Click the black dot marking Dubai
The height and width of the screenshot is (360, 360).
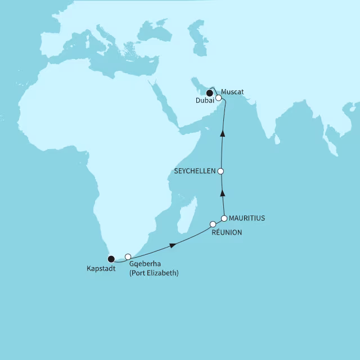pyautogui.click(x=210, y=93)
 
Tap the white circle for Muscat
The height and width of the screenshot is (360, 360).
pyautogui.click(x=219, y=97)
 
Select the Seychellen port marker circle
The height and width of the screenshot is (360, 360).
pyautogui.click(x=221, y=171)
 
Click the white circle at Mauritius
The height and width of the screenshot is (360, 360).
pyautogui.click(x=224, y=218)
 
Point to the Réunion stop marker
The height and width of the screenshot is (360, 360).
pyautogui.click(x=213, y=224)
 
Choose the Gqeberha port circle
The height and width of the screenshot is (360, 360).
pyautogui.click(x=128, y=256)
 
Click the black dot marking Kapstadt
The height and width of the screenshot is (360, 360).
pyautogui.click(x=111, y=259)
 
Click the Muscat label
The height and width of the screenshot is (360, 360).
pyautogui.click(x=232, y=91)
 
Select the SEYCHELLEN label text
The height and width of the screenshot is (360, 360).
pyautogui.click(x=195, y=171)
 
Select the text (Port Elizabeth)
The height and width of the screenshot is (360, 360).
pyautogui.click(x=153, y=273)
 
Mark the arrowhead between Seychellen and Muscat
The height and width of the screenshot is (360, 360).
pyautogui.click(x=223, y=133)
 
